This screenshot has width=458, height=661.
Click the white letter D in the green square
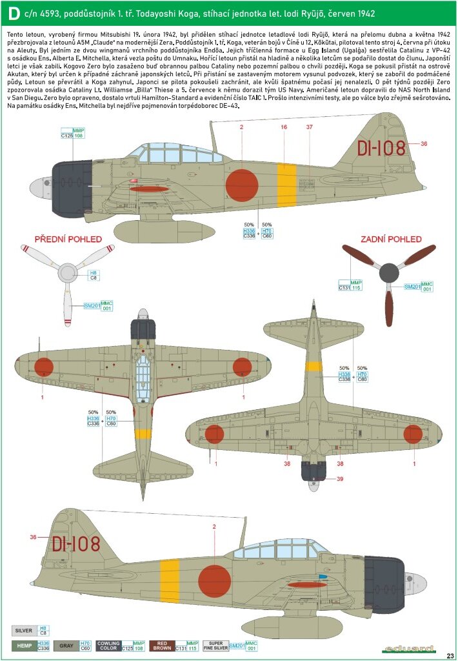(x=13, y=13)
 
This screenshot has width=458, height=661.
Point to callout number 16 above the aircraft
(x=284, y=128)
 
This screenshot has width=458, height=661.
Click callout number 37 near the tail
(x=310, y=128)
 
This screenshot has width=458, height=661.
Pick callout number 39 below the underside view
(x=340, y=478)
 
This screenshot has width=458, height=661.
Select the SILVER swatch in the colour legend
(x=25, y=629)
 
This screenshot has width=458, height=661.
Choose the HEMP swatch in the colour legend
(x=25, y=646)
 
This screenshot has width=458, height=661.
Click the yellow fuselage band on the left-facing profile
(x=286, y=185)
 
